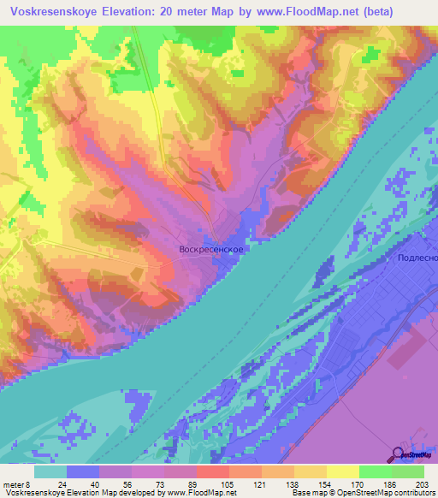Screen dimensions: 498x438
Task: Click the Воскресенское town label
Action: pyautogui.click(x=213, y=249)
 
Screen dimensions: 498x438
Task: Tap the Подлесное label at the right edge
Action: pyautogui.click(x=418, y=258)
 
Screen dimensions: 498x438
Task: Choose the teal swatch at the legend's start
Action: pyautogui.click(x=50, y=471)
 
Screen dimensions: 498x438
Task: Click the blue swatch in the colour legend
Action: pyautogui.click(x=83, y=471)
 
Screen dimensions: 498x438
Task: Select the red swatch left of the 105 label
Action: pyautogui.click(x=212, y=471)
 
